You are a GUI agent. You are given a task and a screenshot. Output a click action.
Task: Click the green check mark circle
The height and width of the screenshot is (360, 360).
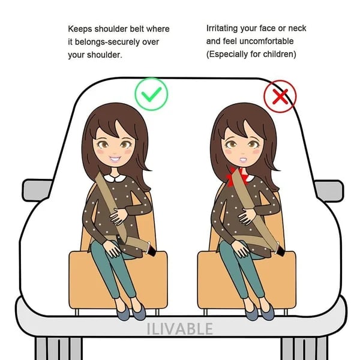151,94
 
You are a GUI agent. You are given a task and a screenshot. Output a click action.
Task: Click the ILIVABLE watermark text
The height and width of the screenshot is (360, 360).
180,329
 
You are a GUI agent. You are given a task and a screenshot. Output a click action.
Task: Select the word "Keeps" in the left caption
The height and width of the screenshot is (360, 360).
81,29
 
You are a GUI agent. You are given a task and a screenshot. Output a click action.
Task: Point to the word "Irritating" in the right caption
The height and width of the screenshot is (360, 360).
225,28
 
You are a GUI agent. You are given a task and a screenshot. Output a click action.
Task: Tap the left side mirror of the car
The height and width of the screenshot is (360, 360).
35,190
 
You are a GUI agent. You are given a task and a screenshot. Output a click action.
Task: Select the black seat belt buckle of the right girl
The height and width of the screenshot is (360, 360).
279,246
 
